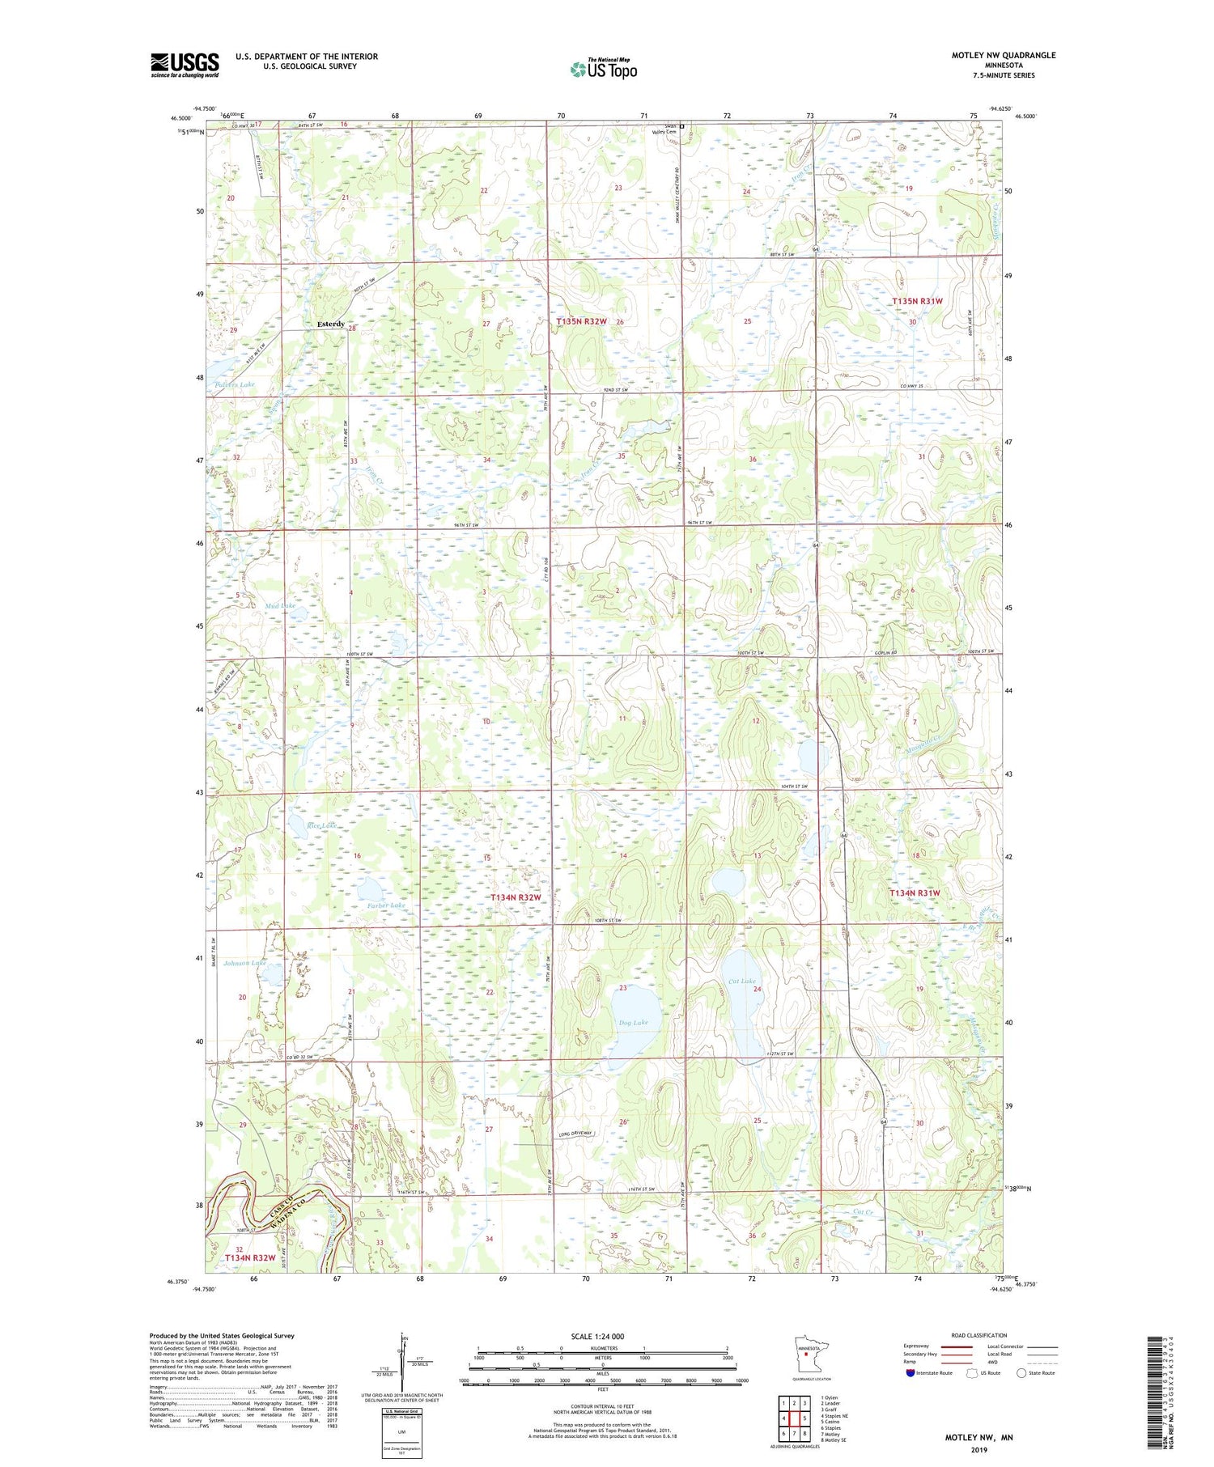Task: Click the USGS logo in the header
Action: pos(185,65)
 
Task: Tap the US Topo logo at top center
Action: pos(603,68)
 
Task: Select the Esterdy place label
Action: pos(330,324)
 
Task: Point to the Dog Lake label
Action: pos(633,1023)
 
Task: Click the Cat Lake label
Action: pos(741,981)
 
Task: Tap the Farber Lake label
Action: pos(385,905)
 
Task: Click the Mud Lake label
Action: pos(280,605)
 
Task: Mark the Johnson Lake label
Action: pos(244,963)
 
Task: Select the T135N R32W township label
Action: pos(581,322)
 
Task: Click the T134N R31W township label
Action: pos(915,893)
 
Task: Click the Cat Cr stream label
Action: pos(864,1211)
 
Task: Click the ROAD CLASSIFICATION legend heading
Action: pos(979,1335)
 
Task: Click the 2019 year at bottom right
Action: pos(978,1448)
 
